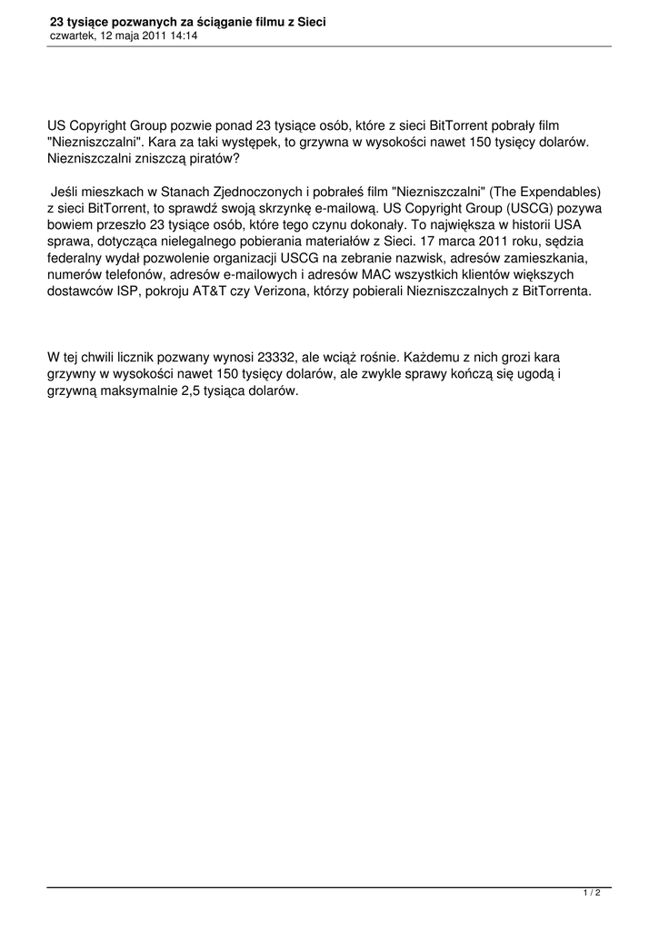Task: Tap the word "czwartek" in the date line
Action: [x=71, y=35]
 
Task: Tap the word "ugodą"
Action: [x=529, y=375]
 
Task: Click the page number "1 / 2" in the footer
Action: [x=592, y=894]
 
